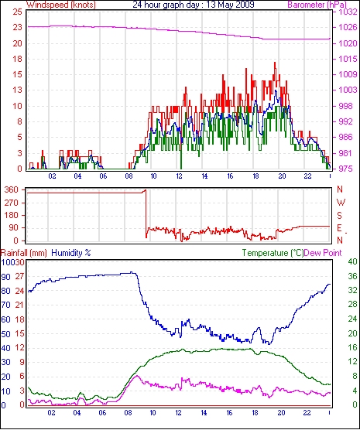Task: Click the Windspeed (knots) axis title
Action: [x=61, y=5]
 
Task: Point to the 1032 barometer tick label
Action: [x=348, y=12]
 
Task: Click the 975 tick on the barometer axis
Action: [x=345, y=169]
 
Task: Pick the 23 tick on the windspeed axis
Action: [x=17, y=28]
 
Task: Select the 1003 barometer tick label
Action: [x=348, y=90]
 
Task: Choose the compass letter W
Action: [x=341, y=203]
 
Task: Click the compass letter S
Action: [x=340, y=216]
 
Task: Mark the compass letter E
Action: [x=339, y=228]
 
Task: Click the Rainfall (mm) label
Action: [x=24, y=253]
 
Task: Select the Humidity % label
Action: [x=71, y=253]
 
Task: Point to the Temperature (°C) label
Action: [x=273, y=253]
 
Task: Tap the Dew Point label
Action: [x=323, y=253]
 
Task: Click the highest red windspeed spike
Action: [x=275, y=63]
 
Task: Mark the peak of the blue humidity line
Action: [x=132, y=272]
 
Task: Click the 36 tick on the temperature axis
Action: [x=352, y=276]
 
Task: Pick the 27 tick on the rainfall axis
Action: [x=19, y=276]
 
